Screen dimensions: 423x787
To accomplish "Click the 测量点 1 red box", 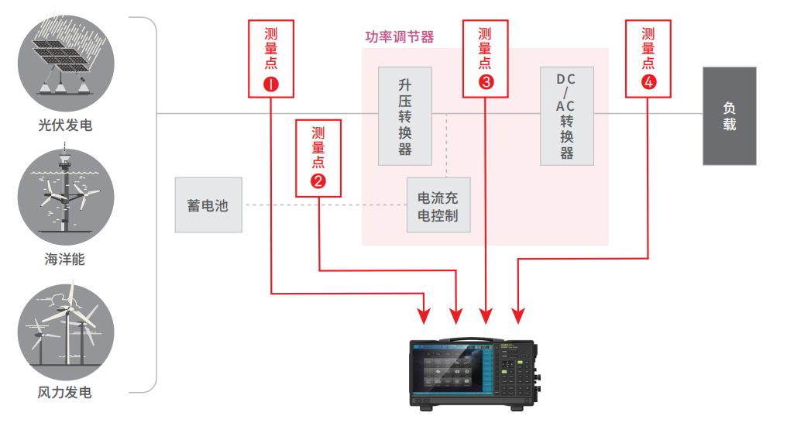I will click(x=271, y=58).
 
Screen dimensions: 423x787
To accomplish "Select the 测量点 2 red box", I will click(x=318, y=158).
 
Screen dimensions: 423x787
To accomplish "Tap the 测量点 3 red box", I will click(x=486, y=58).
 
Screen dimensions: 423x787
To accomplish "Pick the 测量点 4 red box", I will click(x=648, y=58).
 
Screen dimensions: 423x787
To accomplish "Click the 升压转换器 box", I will click(x=405, y=116).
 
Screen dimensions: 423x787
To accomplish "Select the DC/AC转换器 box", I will click(x=567, y=116).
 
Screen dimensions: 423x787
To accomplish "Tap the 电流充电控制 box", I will click(x=438, y=206).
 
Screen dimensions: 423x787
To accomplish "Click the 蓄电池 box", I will click(x=208, y=205).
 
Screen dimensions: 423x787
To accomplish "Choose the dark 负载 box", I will click(x=729, y=116).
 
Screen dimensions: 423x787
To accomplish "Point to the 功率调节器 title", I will click(x=399, y=36).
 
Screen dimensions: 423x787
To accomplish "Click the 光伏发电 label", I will click(x=65, y=125).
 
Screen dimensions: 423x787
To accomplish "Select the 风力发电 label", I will click(x=65, y=393).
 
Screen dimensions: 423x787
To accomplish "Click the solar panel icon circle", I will click(x=66, y=63).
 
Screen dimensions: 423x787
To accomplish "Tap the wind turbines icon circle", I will click(x=66, y=327).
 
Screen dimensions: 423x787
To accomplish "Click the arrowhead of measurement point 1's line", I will click(x=424, y=315).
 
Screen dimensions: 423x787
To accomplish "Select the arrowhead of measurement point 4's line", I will click(x=517, y=315).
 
